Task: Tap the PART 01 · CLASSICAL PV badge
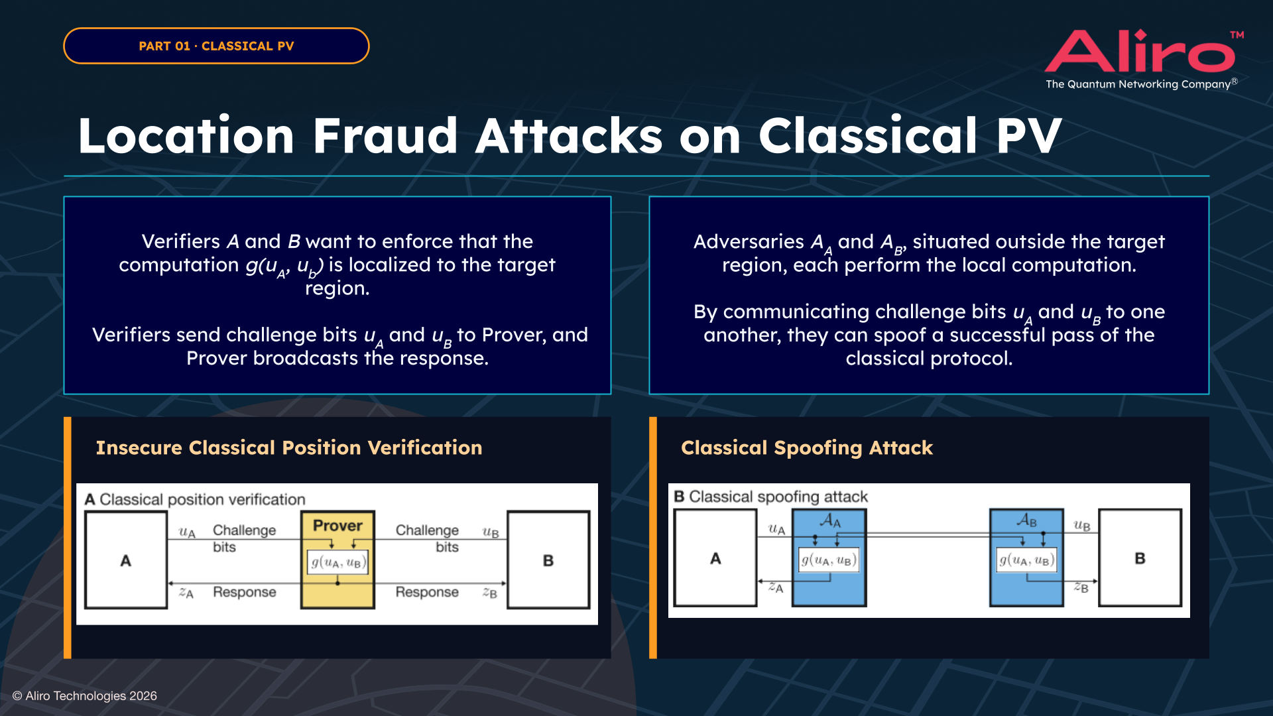pos(216,46)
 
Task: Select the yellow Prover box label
pos(337,525)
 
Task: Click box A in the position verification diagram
pos(126,560)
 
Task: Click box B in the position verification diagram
pos(548,560)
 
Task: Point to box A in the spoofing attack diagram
pos(715,558)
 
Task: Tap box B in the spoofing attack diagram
pos(1140,558)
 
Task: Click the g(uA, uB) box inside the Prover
pos(337,562)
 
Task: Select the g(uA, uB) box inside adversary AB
pos(1026,560)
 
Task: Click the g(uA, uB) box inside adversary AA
pos(829,560)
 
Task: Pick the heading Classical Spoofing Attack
pos(806,447)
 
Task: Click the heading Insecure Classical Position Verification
pos(288,447)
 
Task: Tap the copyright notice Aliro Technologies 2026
pos(85,695)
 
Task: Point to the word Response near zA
pos(244,592)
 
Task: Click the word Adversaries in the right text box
pos(748,241)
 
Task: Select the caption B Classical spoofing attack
pos(770,497)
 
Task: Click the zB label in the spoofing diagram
pos(1081,587)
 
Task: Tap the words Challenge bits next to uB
pos(428,538)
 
